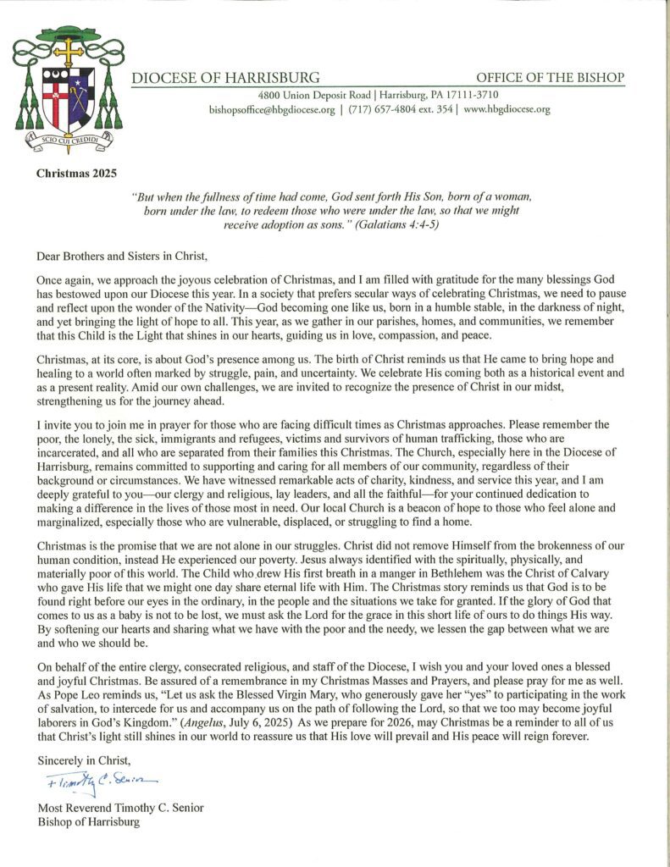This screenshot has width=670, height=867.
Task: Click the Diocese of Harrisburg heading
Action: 225,78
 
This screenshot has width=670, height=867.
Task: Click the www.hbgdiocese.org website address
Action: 507,109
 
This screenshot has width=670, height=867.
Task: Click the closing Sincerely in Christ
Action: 85,760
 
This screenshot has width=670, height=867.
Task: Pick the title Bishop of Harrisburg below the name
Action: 89,821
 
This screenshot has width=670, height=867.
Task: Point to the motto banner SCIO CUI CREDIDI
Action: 69,140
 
